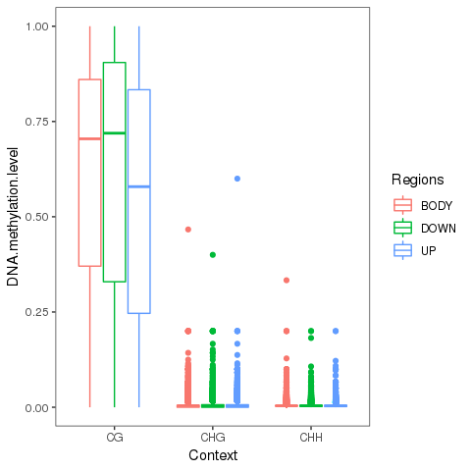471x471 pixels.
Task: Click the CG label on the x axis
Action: tap(115, 438)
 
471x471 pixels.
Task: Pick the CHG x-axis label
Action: tap(213, 438)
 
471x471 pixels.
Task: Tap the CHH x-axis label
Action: tap(311, 438)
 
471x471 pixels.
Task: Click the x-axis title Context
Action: tap(213, 455)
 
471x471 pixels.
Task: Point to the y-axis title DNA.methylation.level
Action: tap(14, 217)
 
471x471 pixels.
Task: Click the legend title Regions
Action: tap(417, 181)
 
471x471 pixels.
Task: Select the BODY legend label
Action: tap(438, 206)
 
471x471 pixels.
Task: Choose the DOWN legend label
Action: tap(439, 228)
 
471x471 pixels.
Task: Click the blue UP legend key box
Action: tap(402, 250)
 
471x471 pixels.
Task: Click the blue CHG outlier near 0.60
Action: tap(237, 179)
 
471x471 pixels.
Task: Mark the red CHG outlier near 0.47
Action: tap(188, 230)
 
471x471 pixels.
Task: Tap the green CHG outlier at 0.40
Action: tap(213, 255)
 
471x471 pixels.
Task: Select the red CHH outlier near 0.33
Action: tap(287, 281)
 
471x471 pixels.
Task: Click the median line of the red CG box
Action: tap(90, 139)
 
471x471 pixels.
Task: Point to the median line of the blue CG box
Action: tap(139, 186)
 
